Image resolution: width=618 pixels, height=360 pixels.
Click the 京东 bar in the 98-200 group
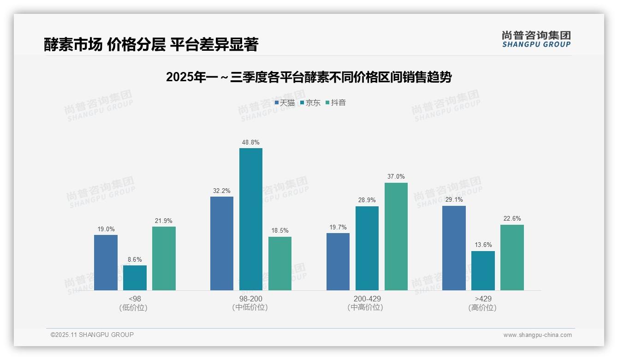point(250,219)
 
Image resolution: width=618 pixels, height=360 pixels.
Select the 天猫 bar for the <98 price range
point(106,263)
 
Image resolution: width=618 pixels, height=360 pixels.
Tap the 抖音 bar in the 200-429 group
point(396,236)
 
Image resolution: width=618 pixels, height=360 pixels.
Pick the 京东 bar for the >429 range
point(483,270)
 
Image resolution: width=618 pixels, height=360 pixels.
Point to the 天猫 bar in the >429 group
point(454,248)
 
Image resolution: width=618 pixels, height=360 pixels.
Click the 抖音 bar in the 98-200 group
point(280,264)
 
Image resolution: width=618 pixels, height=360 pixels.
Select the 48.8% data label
point(250,142)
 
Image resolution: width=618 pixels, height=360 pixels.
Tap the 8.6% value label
point(135,259)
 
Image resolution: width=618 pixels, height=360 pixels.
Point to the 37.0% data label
point(396,176)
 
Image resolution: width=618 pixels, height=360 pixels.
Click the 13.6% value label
point(483,245)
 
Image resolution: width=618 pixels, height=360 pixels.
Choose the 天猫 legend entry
point(285,102)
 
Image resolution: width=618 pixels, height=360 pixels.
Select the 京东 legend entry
point(310,102)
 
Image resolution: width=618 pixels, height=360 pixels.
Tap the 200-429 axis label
point(367,299)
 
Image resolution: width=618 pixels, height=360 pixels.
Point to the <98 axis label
point(135,299)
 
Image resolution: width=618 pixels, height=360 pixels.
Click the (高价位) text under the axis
point(483,307)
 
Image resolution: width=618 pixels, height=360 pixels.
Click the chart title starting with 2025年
point(309,77)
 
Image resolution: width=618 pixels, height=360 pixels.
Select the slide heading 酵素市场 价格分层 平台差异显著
point(151,44)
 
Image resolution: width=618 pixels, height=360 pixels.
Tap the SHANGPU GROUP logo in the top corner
point(536,39)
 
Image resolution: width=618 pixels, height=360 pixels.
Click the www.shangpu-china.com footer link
point(537,335)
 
